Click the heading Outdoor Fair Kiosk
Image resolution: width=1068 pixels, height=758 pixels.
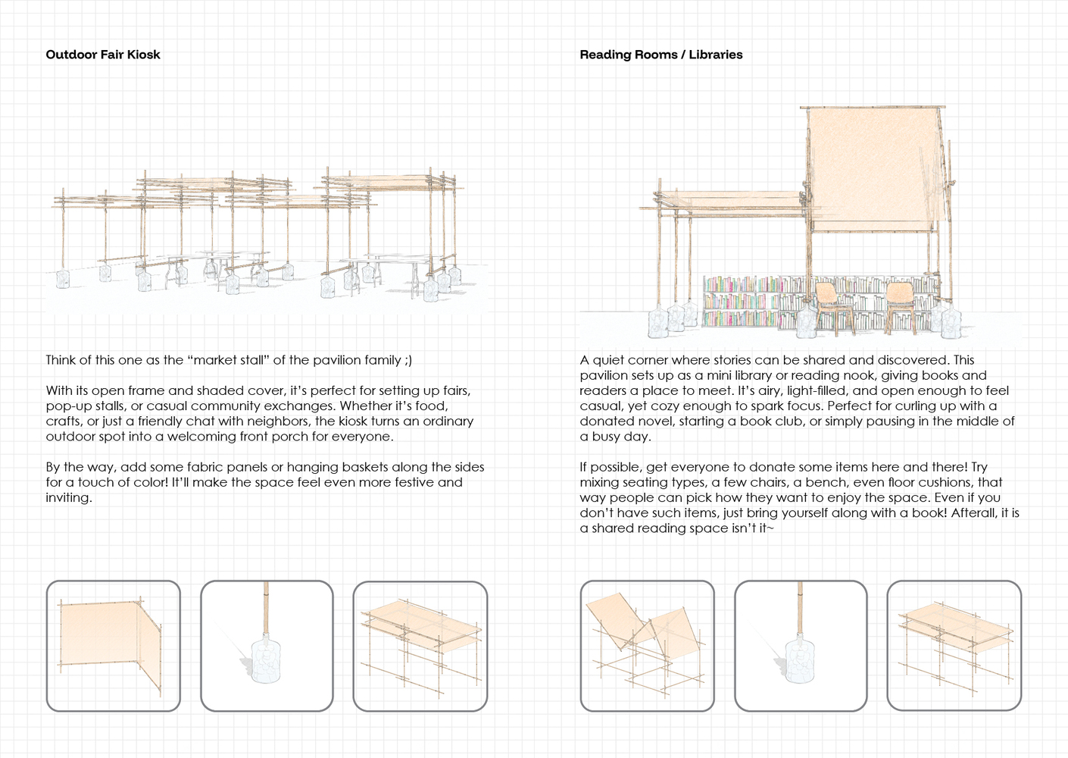103,55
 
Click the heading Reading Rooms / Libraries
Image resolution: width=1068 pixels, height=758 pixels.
660,55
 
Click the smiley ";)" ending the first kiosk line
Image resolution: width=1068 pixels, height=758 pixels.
408,360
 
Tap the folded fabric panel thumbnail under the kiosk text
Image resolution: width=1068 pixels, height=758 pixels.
113,646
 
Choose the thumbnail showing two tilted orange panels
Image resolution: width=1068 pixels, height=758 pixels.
647,646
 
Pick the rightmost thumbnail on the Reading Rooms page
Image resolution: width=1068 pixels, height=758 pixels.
954,646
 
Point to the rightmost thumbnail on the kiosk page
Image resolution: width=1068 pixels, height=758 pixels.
420,646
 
